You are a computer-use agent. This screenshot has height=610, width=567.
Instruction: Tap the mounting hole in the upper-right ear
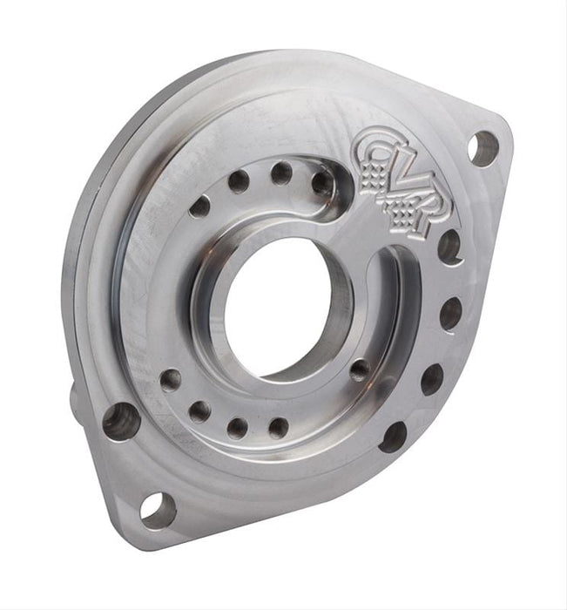[483, 147]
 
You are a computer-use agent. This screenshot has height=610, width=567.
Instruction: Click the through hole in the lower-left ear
[158, 511]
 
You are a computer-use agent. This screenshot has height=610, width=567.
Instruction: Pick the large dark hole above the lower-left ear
[121, 422]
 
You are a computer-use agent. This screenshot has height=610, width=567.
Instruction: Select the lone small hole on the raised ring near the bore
[359, 370]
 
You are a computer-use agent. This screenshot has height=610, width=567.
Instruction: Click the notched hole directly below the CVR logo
[449, 247]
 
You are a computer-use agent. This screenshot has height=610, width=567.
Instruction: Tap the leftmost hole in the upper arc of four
[199, 207]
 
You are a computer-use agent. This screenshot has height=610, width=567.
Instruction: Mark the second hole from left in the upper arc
[238, 181]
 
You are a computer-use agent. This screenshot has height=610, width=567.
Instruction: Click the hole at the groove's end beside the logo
[322, 182]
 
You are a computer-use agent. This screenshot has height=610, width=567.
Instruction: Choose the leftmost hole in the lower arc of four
[171, 380]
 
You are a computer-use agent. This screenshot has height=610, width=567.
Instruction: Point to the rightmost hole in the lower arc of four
[278, 427]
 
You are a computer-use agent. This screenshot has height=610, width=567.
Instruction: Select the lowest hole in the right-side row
[393, 437]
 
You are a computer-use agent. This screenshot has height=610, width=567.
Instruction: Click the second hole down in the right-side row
[450, 313]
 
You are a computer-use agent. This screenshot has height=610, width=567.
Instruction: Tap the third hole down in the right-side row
[432, 379]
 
